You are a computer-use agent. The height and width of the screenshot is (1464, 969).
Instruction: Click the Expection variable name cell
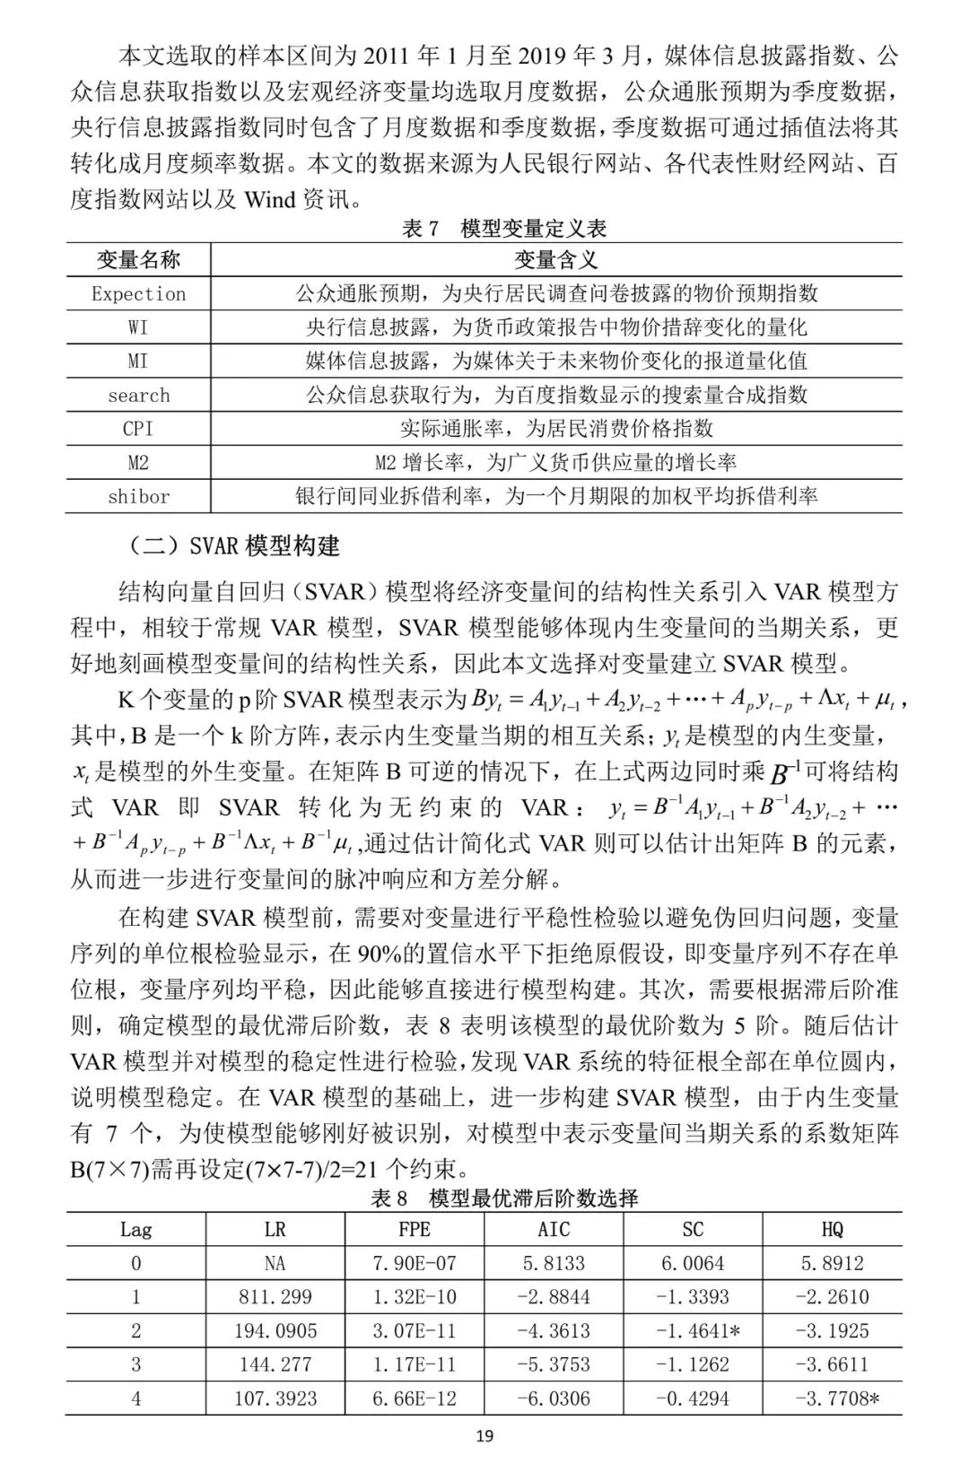(x=138, y=293)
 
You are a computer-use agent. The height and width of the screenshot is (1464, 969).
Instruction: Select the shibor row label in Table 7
(x=138, y=496)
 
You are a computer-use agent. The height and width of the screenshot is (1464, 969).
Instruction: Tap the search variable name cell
(x=138, y=395)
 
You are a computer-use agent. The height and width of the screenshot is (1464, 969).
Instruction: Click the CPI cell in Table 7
(x=138, y=429)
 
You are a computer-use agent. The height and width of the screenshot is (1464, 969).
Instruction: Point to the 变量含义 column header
(x=555, y=260)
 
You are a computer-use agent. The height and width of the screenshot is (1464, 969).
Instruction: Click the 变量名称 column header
(x=138, y=260)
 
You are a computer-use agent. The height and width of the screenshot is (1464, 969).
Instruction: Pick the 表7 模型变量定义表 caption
(x=504, y=228)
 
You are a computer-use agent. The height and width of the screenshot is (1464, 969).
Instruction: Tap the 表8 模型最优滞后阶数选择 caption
(x=504, y=1198)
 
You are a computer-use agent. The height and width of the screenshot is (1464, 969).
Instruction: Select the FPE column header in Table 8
(x=415, y=1229)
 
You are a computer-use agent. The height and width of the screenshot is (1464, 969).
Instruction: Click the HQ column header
(x=832, y=1229)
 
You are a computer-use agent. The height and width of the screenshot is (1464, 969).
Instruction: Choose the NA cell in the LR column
(x=275, y=1263)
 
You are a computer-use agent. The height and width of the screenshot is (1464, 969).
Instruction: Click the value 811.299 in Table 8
(x=275, y=1297)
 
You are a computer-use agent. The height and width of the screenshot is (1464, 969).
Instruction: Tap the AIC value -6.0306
(x=554, y=1398)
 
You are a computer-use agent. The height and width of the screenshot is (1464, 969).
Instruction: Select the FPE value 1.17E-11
(x=415, y=1364)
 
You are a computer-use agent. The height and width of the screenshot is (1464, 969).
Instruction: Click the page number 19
(x=484, y=1436)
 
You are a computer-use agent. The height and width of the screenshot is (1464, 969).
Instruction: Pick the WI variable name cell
(x=138, y=327)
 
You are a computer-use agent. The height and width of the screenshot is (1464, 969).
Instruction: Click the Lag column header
(x=136, y=1229)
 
